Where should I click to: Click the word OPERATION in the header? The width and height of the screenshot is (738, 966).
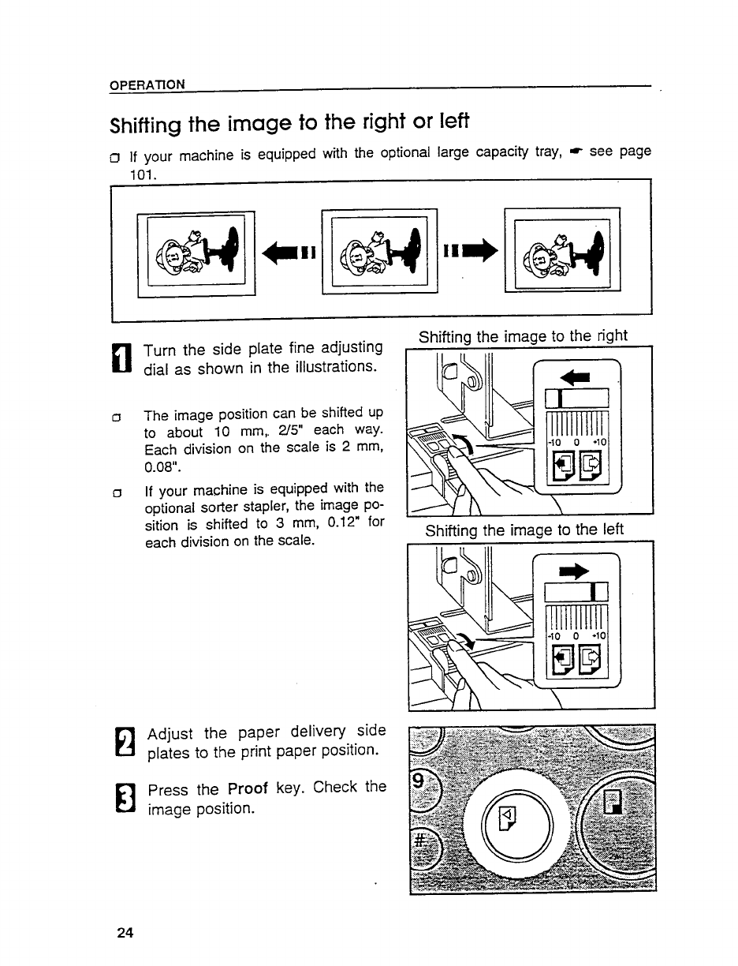[147, 84]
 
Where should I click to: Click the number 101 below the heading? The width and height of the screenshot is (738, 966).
[143, 173]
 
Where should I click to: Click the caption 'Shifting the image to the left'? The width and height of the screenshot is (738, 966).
[524, 530]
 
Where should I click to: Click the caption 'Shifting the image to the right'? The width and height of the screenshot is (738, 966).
[524, 336]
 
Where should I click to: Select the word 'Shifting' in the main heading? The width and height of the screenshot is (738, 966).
[147, 125]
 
